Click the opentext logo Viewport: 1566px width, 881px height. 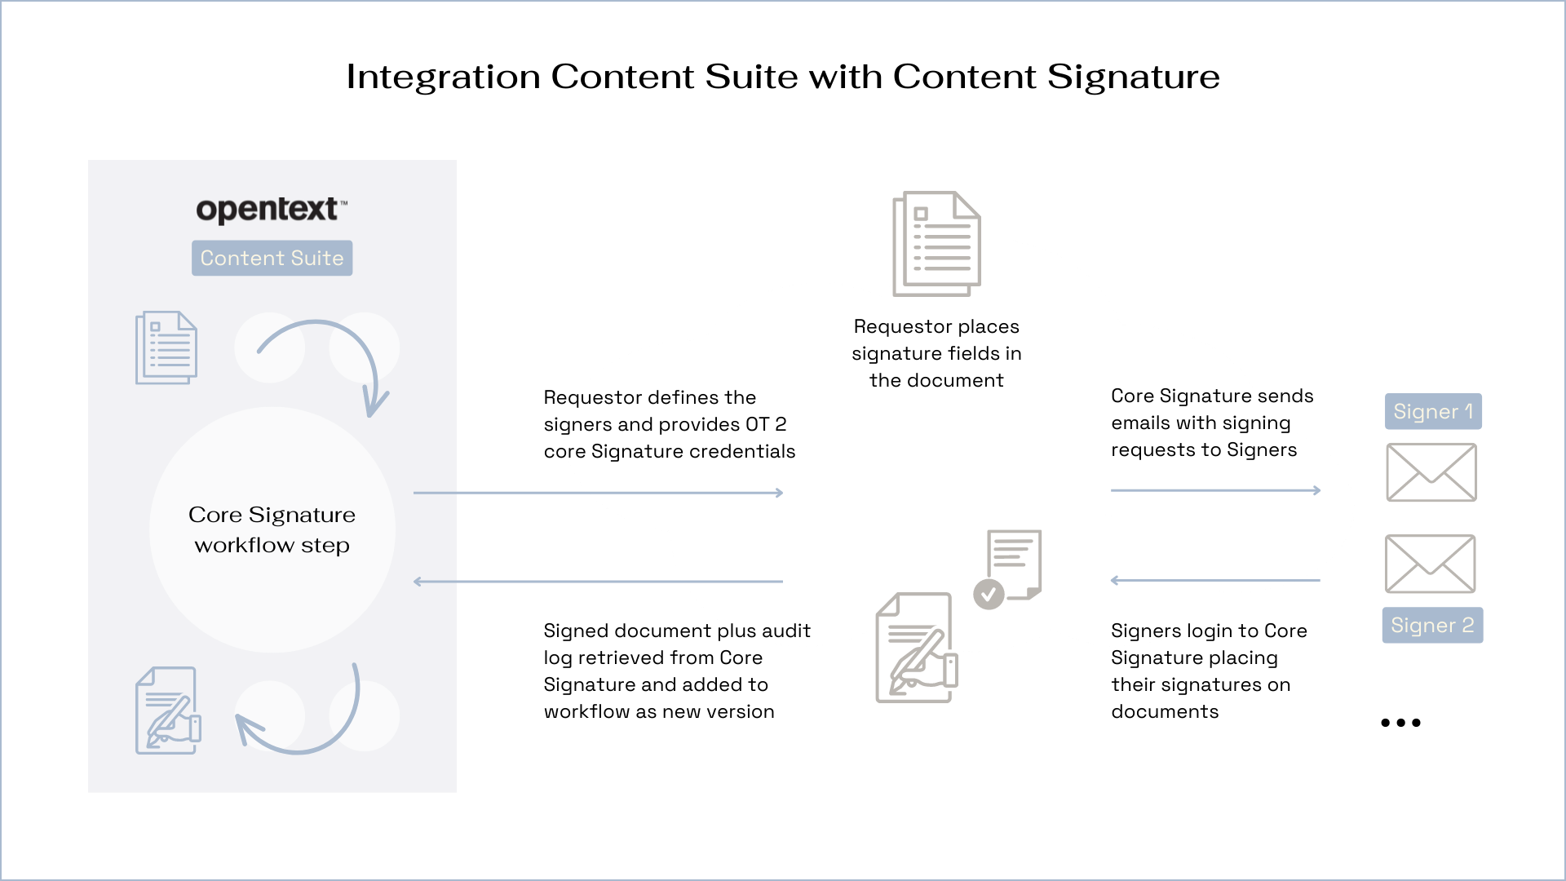click(x=271, y=210)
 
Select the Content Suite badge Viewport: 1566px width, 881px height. click(x=272, y=258)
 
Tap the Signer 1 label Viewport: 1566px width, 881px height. click(x=1433, y=411)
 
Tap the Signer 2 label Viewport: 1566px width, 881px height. click(x=1431, y=625)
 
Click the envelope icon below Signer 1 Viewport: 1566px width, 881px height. click(x=1431, y=472)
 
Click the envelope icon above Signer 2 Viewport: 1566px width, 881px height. click(x=1430, y=564)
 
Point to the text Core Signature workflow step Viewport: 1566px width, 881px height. click(x=272, y=529)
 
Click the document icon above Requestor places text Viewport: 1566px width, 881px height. click(x=936, y=243)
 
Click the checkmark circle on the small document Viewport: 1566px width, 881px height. click(x=989, y=594)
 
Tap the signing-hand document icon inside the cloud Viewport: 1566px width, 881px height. click(x=916, y=648)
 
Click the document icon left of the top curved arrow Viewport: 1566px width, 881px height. click(x=166, y=348)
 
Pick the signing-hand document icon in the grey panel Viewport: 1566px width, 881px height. click(x=168, y=711)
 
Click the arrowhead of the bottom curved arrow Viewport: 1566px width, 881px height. click(x=246, y=725)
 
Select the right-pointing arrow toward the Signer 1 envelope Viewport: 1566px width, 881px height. click(x=1215, y=490)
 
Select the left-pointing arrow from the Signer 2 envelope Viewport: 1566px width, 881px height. click(x=1215, y=581)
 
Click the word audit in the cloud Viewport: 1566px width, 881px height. click(x=785, y=631)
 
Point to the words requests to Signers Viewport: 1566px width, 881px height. click(x=1203, y=449)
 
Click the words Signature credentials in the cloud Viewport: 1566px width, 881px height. click(x=692, y=451)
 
